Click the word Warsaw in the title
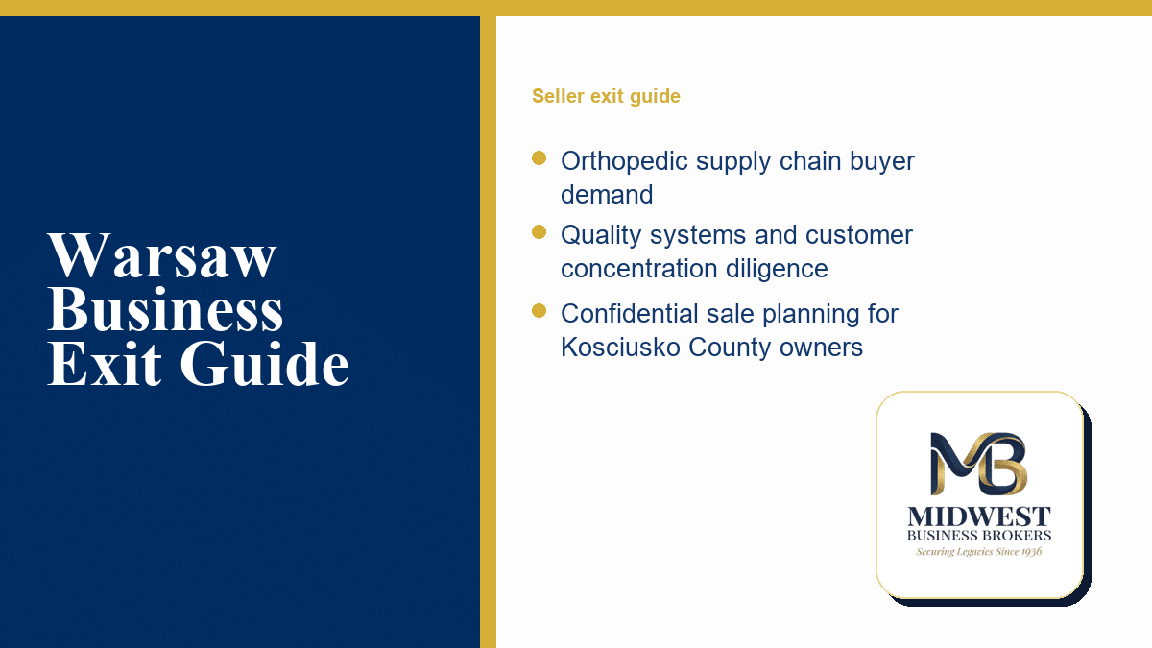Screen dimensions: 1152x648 [x=162, y=255]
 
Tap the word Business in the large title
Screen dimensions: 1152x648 [x=165, y=308]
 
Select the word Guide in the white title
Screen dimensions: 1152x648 [x=264, y=363]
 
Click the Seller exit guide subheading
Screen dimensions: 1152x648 [x=606, y=96]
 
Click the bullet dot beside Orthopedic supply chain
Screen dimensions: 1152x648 [x=539, y=157]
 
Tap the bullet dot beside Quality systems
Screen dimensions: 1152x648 [x=539, y=232]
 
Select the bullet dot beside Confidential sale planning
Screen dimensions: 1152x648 [x=539, y=311]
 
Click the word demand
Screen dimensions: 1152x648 [x=607, y=194]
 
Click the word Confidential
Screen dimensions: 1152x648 [x=629, y=314]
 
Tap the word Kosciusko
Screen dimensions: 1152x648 [x=620, y=348]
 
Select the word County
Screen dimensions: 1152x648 [x=730, y=348]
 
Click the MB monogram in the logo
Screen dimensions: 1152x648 [x=978, y=464]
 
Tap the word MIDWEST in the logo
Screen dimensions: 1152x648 [x=979, y=516]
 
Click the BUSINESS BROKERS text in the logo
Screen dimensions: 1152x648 [x=979, y=536]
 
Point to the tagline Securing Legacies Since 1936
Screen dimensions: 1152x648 [x=978, y=552]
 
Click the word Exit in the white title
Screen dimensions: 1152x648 [x=105, y=363]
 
